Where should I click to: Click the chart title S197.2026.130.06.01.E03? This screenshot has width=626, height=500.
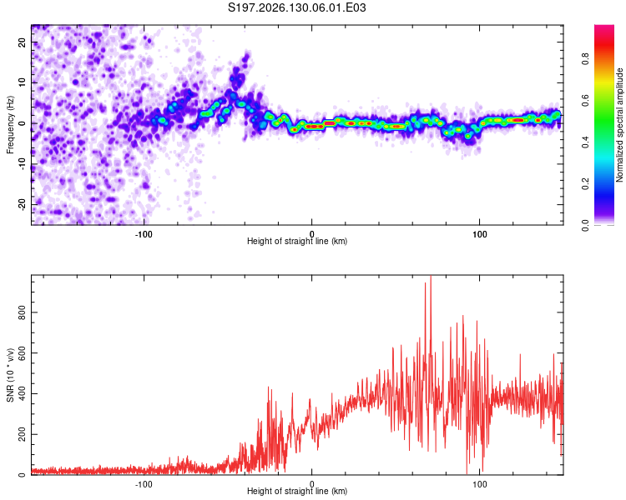[296, 7]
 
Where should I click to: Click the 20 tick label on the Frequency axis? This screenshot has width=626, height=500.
[22, 42]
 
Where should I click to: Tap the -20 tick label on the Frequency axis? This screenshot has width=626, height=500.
[22, 205]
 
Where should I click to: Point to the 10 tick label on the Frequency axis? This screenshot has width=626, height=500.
[22, 82]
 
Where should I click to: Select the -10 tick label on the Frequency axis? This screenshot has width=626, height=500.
[22, 164]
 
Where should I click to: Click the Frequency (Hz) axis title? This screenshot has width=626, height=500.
[10, 125]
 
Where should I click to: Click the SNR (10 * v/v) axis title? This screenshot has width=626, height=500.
[10, 375]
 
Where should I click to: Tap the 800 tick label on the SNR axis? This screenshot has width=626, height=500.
[22, 312]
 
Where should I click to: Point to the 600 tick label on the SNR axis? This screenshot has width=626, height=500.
[22, 353]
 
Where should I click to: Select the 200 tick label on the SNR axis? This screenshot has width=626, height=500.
[22, 435]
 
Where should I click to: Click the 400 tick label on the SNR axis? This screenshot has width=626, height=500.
[22, 394]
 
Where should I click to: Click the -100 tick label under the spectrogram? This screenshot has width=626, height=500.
[144, 234]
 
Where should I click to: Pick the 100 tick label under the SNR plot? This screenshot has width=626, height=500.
[479, 484]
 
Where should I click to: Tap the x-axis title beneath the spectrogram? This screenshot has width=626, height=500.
[297, 241]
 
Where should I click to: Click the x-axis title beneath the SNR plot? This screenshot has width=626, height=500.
[297, 491]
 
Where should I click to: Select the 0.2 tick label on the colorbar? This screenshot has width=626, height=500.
[585, 184]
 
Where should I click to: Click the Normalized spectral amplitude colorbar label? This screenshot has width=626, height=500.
[619, 125]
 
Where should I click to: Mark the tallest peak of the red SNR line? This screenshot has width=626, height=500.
[431, 276]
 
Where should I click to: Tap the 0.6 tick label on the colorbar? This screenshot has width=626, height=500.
[585, 101]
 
